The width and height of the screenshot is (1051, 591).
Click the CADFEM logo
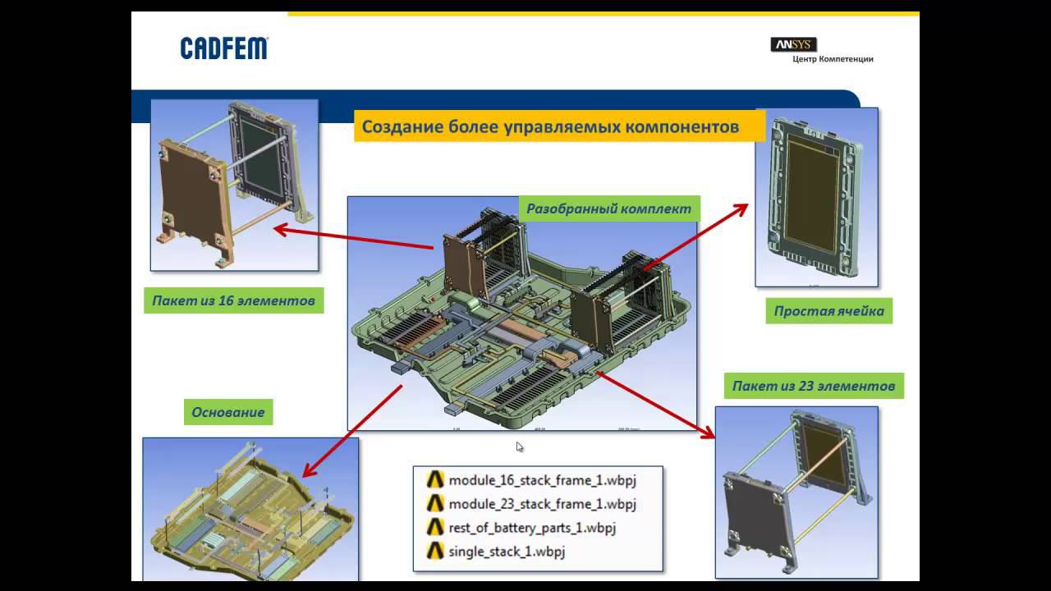(224, 48)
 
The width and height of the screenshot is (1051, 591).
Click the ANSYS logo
(793, 44)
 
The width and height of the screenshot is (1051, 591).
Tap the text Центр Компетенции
(833, 59)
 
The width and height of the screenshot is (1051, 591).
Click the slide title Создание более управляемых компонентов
(550, 127)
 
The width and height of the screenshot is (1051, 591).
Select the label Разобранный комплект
(608, 208)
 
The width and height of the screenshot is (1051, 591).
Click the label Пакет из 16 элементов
(233, 300)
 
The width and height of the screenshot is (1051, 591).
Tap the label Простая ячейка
(828, 311)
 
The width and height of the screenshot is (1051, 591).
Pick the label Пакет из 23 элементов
(813, 386)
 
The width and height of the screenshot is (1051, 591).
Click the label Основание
(228, 412)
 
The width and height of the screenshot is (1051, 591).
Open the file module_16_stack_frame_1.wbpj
(542, 479)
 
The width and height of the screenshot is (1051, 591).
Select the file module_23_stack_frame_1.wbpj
(542, 503)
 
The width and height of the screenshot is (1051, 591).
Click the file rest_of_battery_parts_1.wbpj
(531, 527)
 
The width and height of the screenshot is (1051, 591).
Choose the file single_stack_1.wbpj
(507, 551)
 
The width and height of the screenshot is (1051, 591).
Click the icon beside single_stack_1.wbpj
(435, 551)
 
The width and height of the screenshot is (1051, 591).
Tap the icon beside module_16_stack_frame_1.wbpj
(435, 479)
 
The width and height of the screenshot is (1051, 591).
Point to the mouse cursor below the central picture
(520, 447)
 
